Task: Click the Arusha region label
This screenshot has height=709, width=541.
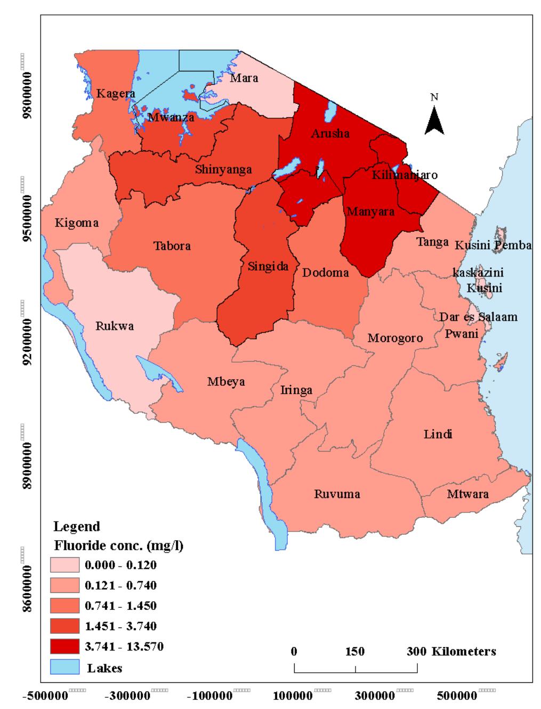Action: (x=330, y=133)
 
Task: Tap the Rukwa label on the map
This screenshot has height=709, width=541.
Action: (x=115, y=326)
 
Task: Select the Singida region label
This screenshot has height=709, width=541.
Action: (x=268, y=266)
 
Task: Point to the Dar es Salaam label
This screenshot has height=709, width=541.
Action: (x=478, y=317)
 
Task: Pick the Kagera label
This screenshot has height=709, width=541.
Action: (x=115, y=94)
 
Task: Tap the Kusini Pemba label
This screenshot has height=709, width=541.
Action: (x=493, y=245)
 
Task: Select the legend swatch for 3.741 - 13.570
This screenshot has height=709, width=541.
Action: (x=64, y=647)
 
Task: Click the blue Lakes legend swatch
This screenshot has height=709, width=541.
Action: (x=64, y=667)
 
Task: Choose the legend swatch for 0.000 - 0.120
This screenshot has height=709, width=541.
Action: (x=64, y=565)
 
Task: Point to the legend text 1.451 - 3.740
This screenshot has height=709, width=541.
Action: (x=120, y=626)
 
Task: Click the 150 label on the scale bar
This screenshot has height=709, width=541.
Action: (x=355, y=651)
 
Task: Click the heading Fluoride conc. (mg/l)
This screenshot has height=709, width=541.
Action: (x=118, y=546)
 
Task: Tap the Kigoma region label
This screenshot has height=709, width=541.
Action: (x=76, y=223)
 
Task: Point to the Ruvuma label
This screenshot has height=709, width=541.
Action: (x=337, y=494)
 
